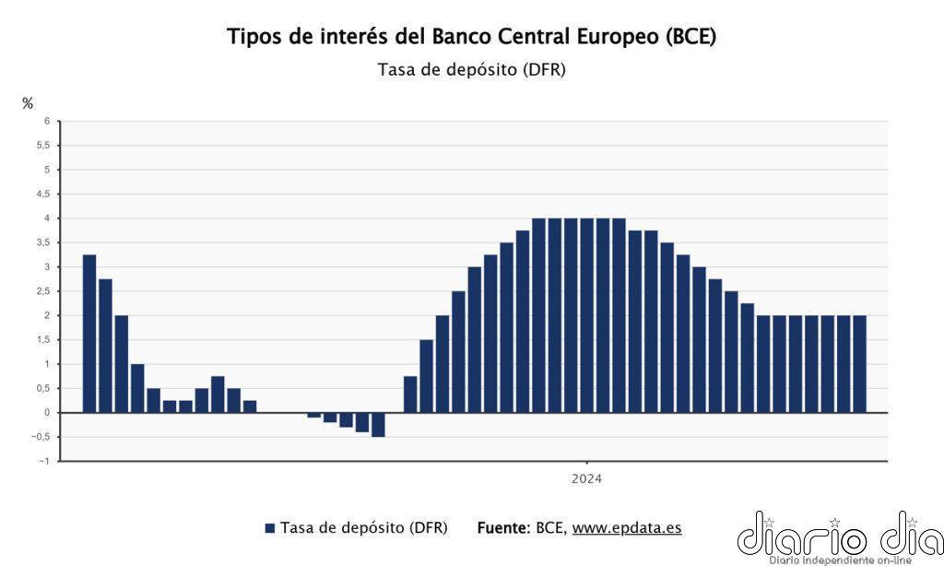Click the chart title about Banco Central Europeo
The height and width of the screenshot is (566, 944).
[x=471, y=37]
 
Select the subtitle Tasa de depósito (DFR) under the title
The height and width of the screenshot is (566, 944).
[x=471, y=70]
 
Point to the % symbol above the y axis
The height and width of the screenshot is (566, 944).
[x=28, y=103]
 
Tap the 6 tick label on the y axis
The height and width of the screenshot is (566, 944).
[x=46, y=121]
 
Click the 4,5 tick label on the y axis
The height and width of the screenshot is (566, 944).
[x=42, y=194]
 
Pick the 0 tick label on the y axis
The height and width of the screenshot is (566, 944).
[x=46, y=412]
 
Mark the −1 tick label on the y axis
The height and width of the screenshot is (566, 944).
[x=44, y=461]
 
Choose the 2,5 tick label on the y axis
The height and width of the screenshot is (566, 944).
[x=42, y=291]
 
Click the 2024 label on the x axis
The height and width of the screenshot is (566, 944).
[x=586, y=478]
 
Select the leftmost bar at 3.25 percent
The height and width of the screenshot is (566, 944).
[x=89, y=333]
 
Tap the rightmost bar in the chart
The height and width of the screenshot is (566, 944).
[x=858, y=363]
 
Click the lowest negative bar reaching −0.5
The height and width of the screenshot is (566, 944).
[x=378, y=425]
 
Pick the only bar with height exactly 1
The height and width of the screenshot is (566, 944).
[x=137, y=388]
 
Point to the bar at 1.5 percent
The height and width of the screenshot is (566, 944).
[x=426, y=376]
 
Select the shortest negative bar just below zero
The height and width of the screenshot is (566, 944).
[x=314, y=416]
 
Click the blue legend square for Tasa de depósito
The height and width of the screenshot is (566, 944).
[x=270, y=528]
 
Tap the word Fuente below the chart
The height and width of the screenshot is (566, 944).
[x=502, y=528]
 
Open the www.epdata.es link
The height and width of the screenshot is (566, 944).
[x=627, y=528]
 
